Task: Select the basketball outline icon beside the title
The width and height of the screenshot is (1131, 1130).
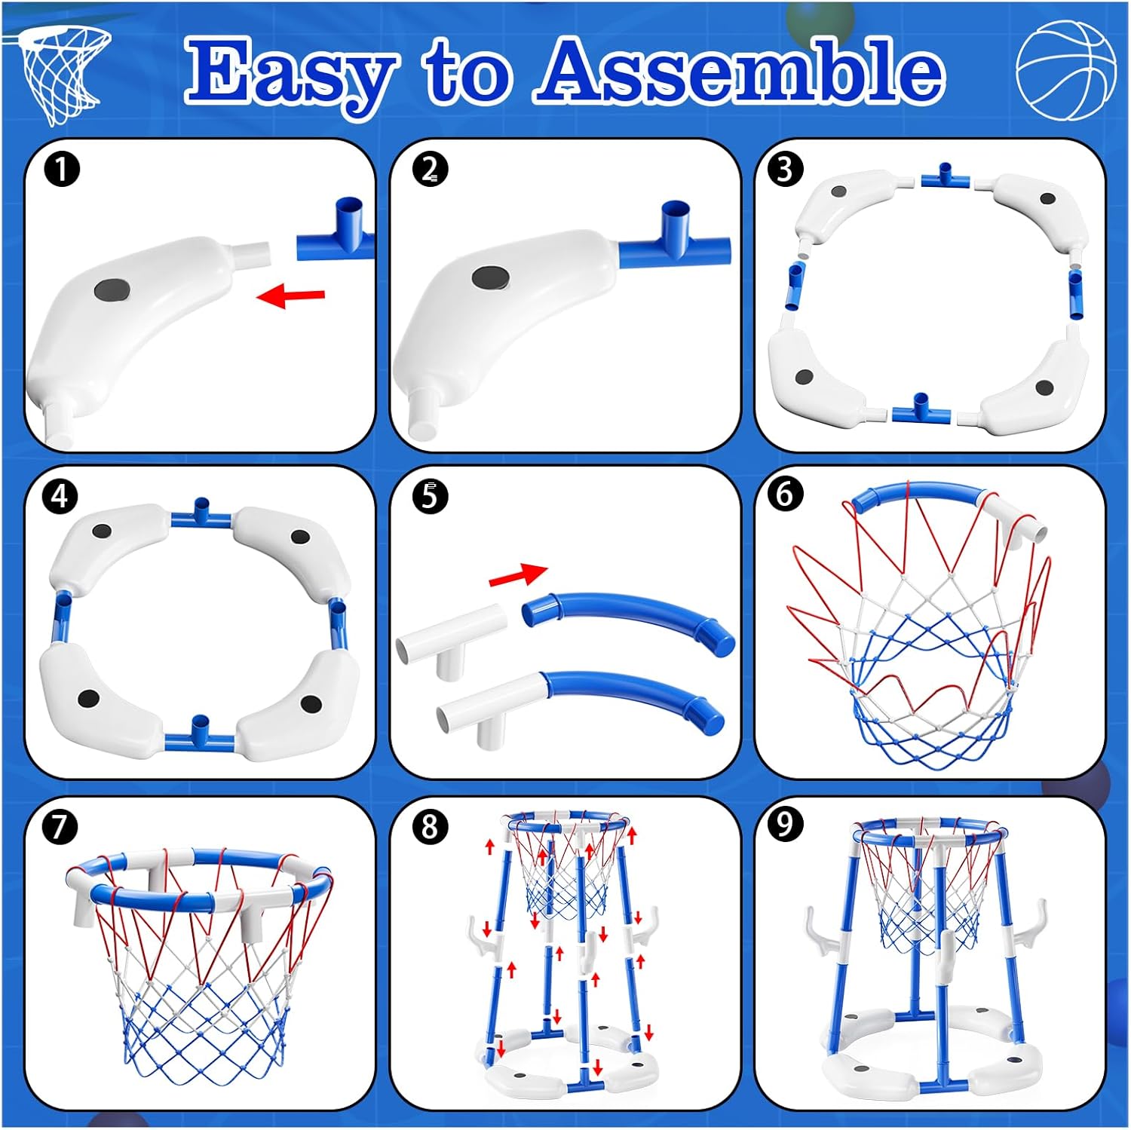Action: pos(1065,70)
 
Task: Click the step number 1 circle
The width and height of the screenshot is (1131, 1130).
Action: pos(62,169)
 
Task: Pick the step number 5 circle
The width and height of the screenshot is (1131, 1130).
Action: pos(430,496)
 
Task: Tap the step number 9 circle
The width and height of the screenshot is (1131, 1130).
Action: pos(784,824)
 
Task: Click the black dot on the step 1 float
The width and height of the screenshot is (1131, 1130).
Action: pos(112,289)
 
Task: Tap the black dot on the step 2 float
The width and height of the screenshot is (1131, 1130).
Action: pos(489,277)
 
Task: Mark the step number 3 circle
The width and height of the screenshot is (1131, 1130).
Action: pos(784,169)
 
